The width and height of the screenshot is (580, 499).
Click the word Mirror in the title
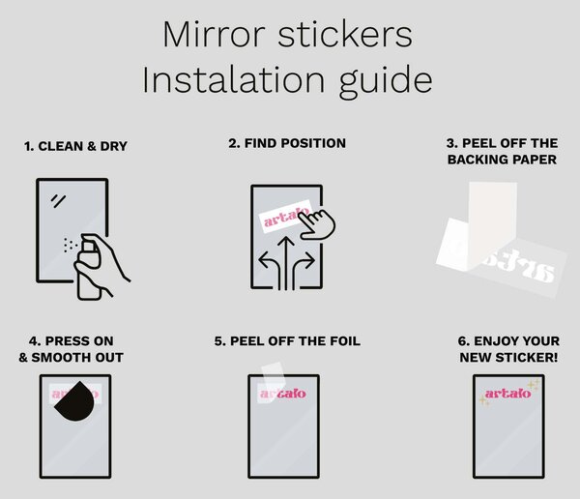coord(214,35)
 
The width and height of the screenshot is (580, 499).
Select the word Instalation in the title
coord(234,79)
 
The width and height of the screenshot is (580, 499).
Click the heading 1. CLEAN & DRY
coord(75,146)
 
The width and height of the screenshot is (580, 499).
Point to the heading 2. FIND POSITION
coord(287,143)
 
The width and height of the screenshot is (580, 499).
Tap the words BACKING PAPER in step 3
coord(502,160)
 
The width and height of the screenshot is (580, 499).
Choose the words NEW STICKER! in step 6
coord(508,358)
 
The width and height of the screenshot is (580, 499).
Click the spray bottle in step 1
coord(89,267)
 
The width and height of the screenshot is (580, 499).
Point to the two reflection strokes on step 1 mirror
coord(58,200)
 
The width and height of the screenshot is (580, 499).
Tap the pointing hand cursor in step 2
coord(317,224)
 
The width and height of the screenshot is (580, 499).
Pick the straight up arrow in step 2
coord(286,264)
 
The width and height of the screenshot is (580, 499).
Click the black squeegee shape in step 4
coord(75,402)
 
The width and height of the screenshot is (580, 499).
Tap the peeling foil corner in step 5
coord(273,379)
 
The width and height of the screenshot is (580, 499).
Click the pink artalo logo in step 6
coord(507,394)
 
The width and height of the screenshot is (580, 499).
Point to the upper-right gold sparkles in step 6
coord(534,384)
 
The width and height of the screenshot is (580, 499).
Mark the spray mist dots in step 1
coord(70,245)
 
